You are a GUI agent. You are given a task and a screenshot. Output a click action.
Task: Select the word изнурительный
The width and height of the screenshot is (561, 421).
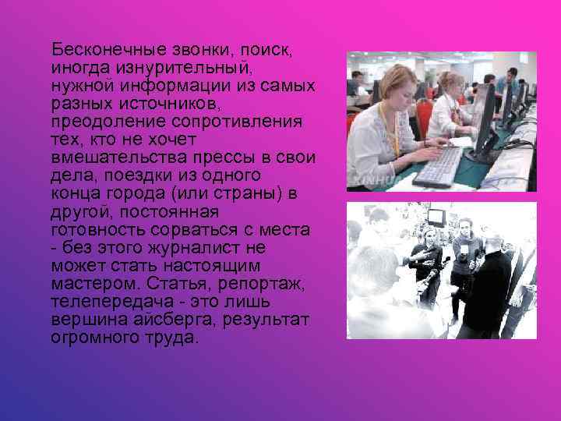pyautogui.click(x=171, y=67)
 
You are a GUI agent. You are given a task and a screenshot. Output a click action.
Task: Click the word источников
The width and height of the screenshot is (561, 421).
pyautogui.click(x=167, y=103)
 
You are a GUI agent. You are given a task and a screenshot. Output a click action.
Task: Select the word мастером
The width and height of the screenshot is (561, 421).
pyautogui.click(x=87, y=284)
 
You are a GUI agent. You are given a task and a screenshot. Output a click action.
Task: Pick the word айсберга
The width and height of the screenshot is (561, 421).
pyautogui.click(x=155, y=320)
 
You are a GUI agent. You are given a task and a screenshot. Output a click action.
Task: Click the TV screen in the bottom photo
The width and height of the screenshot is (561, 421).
pyautogui.click(x=437, y=217)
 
